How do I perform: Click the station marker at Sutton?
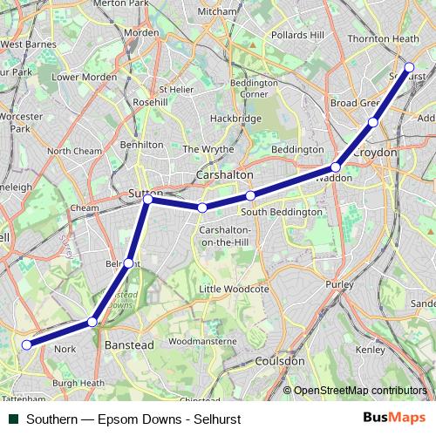click(x=148, y=200)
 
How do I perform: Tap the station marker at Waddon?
click(x=336, y=167)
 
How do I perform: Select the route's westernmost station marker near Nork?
click(x=27, y=344)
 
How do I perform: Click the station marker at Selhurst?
click(x=409, y=66)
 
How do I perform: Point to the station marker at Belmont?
click(x=128, y=262)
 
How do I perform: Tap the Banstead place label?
click(x=129, y=345)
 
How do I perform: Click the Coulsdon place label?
click(x=281, y=360)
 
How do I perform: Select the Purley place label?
click(x=339, y=284)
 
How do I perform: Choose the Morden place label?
click(x=141, y=32)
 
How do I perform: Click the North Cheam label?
click(x=75, y=151)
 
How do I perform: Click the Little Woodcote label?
click(x=233, y=289)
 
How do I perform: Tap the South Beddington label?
click(x=282, y=212)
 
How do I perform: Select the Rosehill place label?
click(x=150, y=102)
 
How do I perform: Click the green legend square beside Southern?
click(x=14, y=419)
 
